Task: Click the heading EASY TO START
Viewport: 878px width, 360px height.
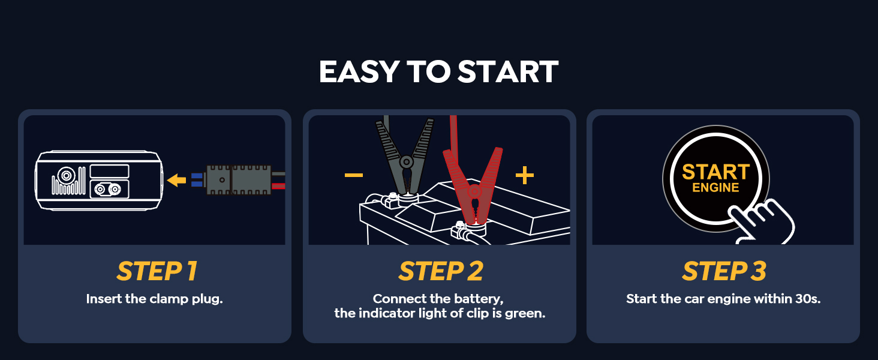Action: pos(438,72)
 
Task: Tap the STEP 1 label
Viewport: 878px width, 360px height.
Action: pos(157,272)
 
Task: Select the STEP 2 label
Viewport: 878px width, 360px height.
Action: pos(440,272)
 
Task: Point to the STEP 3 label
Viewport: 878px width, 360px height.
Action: pos(724,272)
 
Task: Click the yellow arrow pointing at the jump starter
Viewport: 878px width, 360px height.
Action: pos(176,180)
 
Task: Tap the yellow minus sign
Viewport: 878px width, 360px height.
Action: pos(353,175)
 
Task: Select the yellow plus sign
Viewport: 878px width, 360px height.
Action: pos(524,175)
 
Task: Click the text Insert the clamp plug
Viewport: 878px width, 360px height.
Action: pos(154,299)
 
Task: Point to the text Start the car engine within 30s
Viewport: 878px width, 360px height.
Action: pos(723,299)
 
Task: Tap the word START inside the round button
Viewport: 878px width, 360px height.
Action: pos(715,172)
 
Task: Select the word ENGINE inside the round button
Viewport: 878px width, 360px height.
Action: pos(715,188)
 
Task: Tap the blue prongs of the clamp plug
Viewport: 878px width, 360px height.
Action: pos(197,180)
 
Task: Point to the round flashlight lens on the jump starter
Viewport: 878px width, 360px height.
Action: pos(64,178)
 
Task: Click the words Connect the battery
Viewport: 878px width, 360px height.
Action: pos(437,299)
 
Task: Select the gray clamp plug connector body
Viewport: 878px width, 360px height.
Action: pos(237,180)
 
